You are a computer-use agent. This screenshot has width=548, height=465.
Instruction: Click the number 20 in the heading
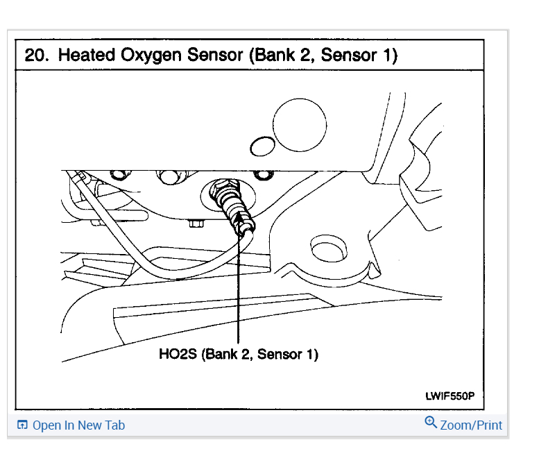36,56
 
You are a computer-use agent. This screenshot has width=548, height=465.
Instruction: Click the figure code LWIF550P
449,396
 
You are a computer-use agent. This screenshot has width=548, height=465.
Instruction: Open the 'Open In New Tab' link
78,425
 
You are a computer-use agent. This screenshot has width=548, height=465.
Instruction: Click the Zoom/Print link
471,425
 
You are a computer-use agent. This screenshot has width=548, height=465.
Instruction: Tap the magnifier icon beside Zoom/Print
431,423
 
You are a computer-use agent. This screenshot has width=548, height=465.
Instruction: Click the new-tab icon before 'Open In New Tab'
22,425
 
